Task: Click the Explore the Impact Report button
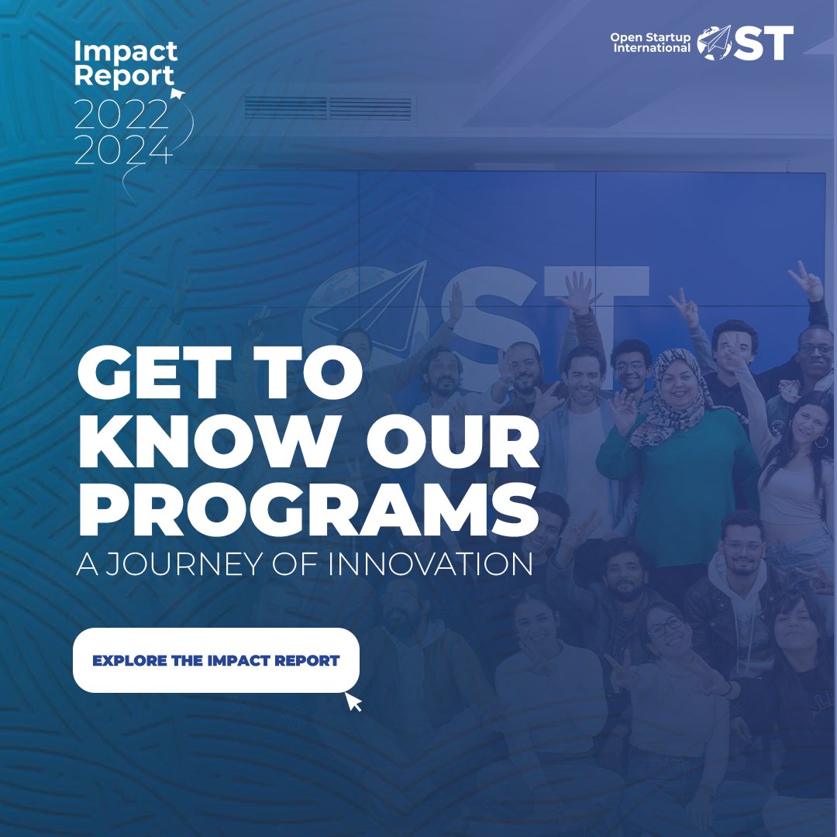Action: (215, 660)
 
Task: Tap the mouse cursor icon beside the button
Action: (353, 701)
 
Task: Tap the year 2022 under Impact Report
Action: (122, 116)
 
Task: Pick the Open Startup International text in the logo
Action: (649, 43)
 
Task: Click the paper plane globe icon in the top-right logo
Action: (714, 43)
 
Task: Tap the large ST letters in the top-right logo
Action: (763, 43)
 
